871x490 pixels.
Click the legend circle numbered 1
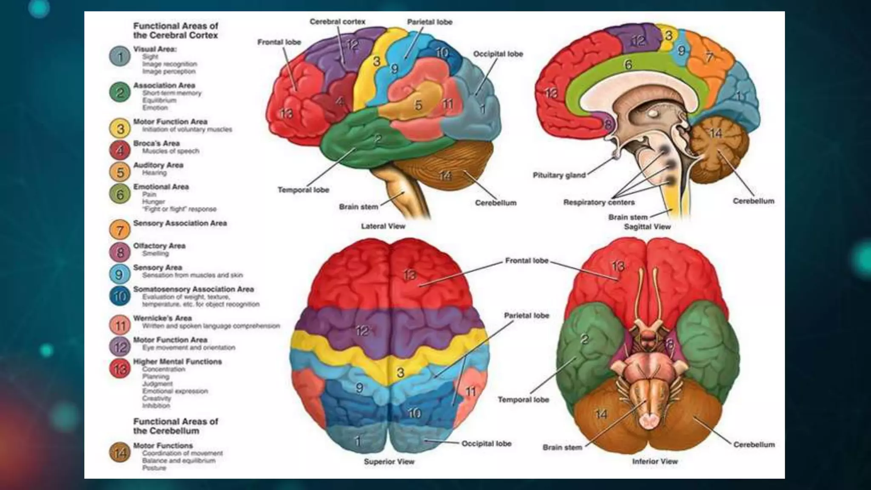pyautogui.click(x=120, y=57)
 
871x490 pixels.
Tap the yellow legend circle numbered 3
pyautogui.click(x=120, y=128)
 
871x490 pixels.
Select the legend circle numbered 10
pyautogui.click(x=120, y=296)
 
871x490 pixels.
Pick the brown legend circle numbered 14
pyautogui.click(x=120, y=453)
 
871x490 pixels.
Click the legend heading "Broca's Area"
pyautogui.click(x=157, y=143)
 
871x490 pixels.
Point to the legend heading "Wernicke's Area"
pyautogui.click(x=162, y=318)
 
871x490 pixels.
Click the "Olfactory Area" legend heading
pyautogui.click(x=159, y=246)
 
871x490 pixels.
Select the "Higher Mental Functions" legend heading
pyautogui.click(x=177, y=362)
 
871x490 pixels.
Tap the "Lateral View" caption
pyautogui.click(x=383, y=226)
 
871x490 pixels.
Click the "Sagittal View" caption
pyautogui.click(x=647, y=227)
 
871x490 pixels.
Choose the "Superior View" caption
pyautogui.click(x=389, y=462)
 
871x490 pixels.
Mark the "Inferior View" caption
pyautogui.click(x=655, y=462)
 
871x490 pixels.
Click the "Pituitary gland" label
pyautogui.click(x=559, y=175)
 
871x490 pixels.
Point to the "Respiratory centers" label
pyautogui.click(x=599, y=202)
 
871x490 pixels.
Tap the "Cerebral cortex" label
pyautogui.click(x=337, y=22)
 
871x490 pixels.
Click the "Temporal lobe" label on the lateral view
pyautogui.click(x=303, y=190)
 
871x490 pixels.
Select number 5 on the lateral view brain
pyautogui.click(x=418, y=105)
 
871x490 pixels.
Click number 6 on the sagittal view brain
pyautogui.click(x=628, y=65)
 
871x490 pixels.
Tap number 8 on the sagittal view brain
pyautogui.click(x=608, y=125)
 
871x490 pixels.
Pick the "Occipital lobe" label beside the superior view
pyautogui.click(x=487, y=444)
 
